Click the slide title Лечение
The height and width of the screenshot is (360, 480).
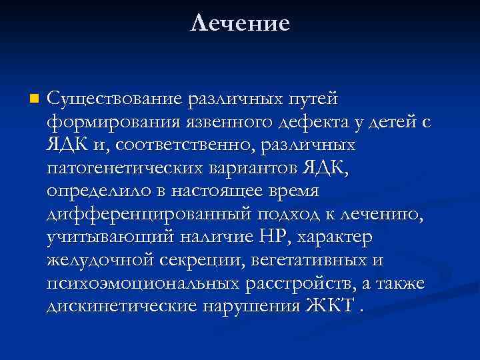[240, 24]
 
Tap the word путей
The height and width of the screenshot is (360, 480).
[313, 99]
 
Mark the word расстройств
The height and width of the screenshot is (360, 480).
[299, 283]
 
